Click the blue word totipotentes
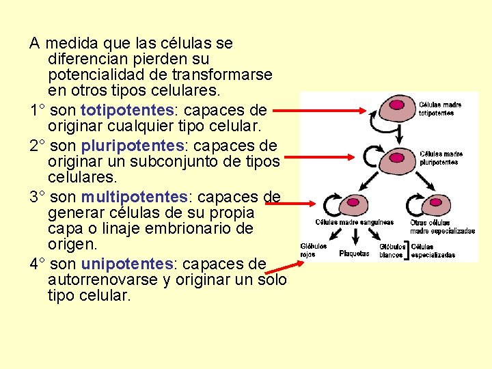point(127,110)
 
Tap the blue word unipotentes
point(127,264)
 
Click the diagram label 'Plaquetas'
point(354,254)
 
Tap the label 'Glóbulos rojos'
point(313,250)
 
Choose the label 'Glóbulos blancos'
point(392,250)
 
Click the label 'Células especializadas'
point(433,250)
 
